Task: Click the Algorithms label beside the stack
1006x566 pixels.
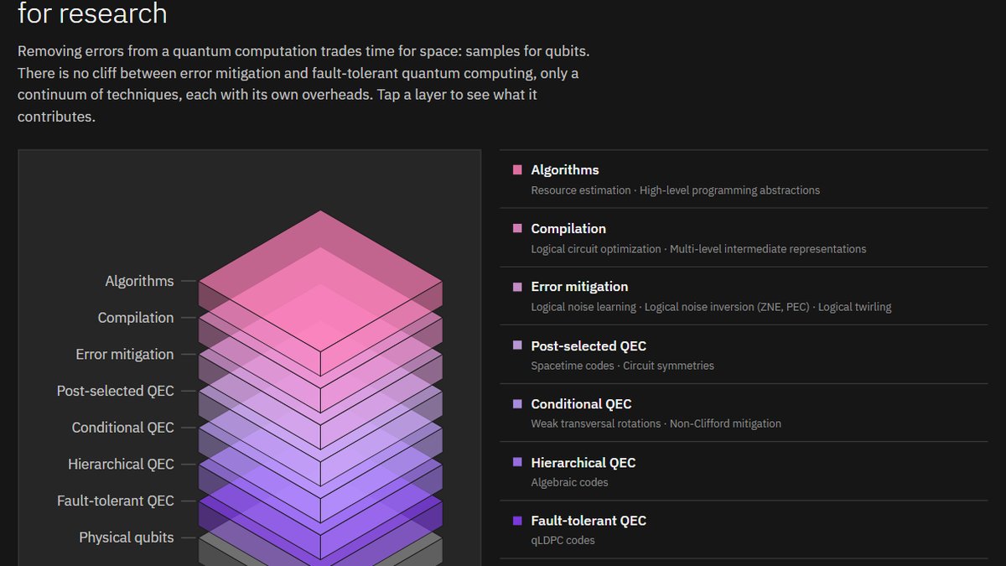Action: coord(139,281)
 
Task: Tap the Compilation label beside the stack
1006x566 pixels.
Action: coord(136,318)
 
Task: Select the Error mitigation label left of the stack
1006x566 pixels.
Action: coord(124,355)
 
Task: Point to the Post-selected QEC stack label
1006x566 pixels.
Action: coord(115,391)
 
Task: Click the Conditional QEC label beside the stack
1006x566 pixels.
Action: coord(122,428)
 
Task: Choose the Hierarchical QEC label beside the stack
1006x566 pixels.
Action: coord(121,464)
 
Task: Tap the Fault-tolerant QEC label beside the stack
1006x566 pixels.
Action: coord(116,501)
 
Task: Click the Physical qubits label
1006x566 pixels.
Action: coord(127,537)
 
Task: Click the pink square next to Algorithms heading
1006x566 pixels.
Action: coord(517,169)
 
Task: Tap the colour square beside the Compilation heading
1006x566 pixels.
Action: coord(517,228)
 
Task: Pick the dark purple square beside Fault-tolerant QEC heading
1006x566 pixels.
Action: coord(517,521)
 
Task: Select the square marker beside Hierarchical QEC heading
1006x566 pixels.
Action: coord(517,462)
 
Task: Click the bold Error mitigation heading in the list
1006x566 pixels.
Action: coord(579,287)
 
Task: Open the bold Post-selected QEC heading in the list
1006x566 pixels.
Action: coord(589,345)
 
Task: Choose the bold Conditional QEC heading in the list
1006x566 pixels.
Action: coord(581,404)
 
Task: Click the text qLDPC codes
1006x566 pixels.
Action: coord(563,540)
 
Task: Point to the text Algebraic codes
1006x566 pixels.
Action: coord(569,482)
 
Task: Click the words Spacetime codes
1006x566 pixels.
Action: coord(572,366)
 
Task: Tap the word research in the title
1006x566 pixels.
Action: coord(113,13)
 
